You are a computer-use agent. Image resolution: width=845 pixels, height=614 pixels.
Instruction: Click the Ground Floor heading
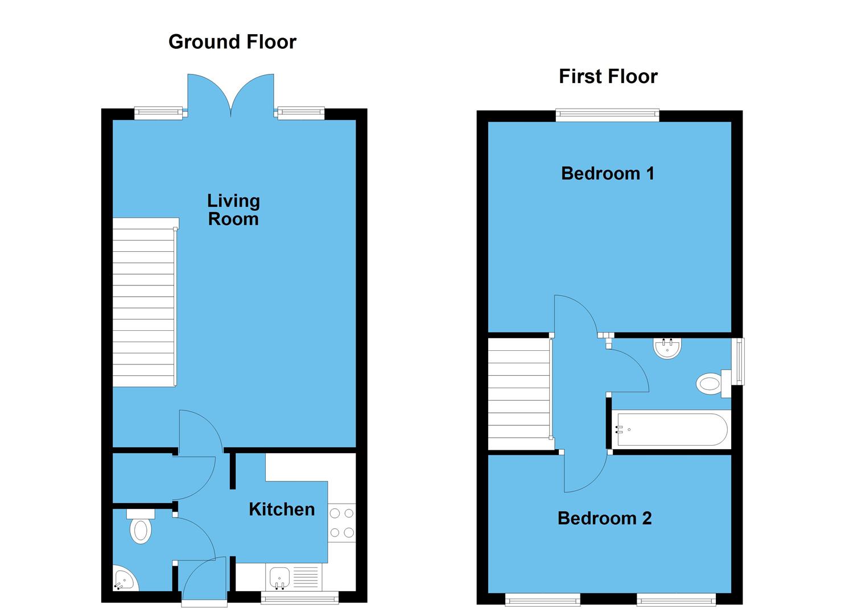click(232, 42)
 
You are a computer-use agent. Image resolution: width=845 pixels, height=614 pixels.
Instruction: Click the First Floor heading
click(608, 76)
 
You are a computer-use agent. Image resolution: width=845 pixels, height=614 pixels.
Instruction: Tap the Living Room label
click(233, 209)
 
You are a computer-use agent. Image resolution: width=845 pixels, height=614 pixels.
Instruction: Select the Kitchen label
click(282, 509)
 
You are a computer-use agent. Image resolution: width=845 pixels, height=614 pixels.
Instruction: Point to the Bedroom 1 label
click(608, 173)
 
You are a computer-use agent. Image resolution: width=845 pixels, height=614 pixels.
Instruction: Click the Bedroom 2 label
click(604, 518)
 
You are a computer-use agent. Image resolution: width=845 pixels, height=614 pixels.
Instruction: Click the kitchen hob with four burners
click(341, 523)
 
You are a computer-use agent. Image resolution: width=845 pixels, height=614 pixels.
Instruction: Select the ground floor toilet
click(141, 528)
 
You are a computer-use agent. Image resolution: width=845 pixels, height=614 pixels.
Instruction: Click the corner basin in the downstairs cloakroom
click(123, 580)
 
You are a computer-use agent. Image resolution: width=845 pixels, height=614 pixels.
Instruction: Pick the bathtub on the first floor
click(670, 430)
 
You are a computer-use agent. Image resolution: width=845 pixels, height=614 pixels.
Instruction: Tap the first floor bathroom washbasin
click(667, 348)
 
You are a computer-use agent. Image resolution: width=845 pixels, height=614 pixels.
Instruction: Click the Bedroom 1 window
click(607, 115)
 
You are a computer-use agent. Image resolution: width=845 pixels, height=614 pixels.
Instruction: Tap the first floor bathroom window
click(739, 362)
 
